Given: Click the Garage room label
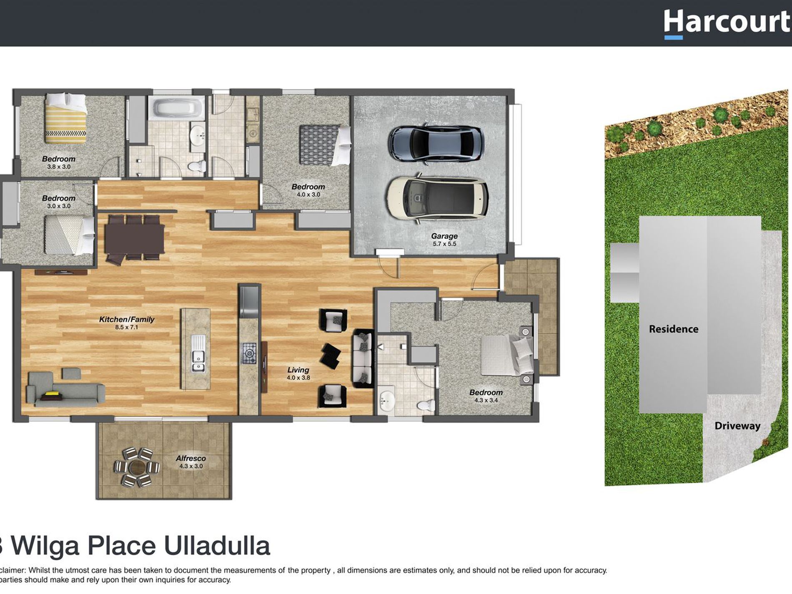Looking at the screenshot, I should click(444, 236).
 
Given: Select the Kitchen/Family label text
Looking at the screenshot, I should click(126, 320).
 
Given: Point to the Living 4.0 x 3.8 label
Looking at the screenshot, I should click(298, 373).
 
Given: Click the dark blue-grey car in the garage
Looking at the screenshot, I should click(436, 143).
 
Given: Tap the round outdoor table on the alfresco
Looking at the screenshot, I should click(136, 467).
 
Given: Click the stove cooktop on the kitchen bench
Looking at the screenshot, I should click(249, 353).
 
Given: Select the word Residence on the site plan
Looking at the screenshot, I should click(673, 329).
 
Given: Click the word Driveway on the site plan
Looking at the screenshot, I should click(737, 426).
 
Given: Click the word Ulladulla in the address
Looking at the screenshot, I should click(217, 546).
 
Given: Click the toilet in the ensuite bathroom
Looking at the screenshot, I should click(426, 405).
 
